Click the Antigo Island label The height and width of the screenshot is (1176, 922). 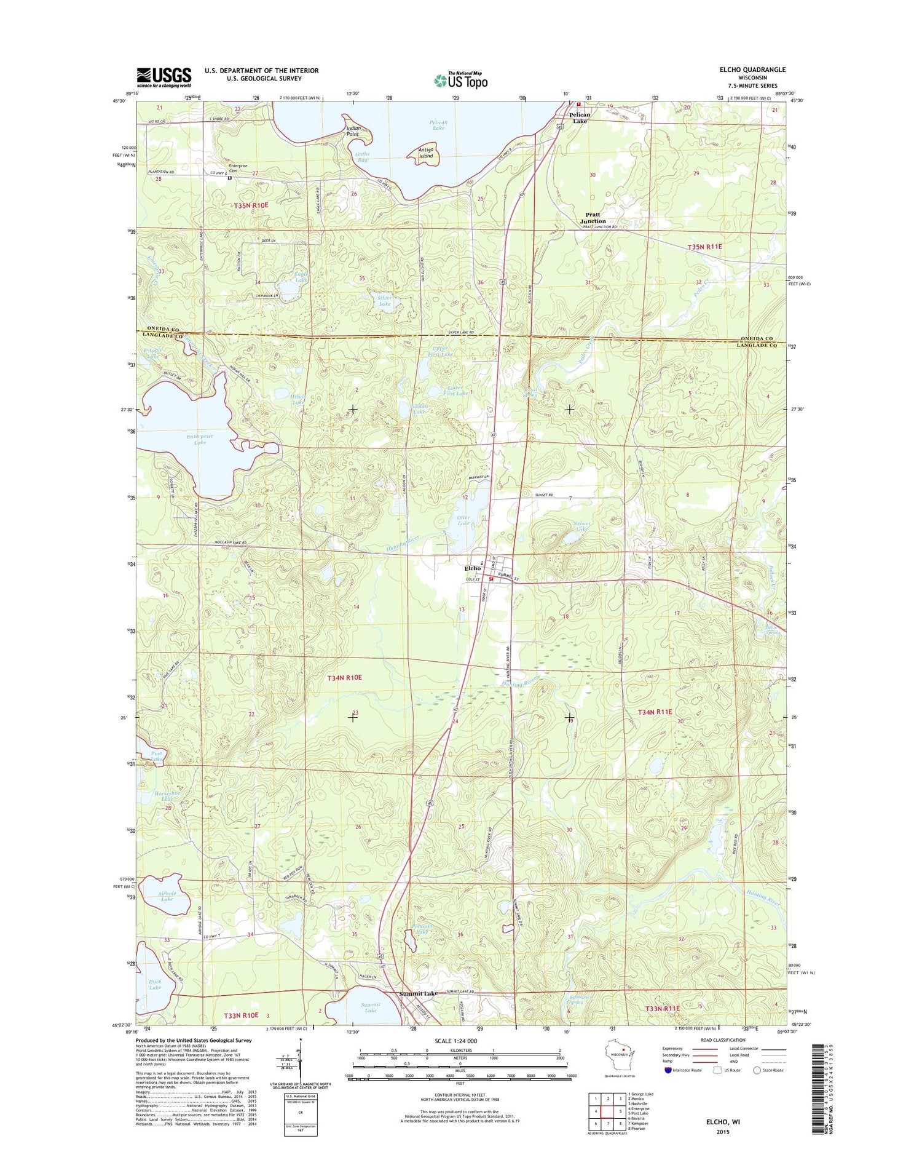click(426, 153)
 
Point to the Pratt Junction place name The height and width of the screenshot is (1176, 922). click(593, 218)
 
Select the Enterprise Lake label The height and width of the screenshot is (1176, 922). click(200, 439)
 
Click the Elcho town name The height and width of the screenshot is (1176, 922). click(472, 568)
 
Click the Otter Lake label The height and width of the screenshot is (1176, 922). click(463, 520)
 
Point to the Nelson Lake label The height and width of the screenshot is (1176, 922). click(581, 526)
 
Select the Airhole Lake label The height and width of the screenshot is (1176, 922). click(167, 896)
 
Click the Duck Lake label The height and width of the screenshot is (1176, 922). click(155, 984)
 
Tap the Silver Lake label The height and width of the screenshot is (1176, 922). click(385, 301)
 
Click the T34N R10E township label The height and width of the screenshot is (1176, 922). click(344, 677)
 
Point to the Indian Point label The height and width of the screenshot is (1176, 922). click(353, 131)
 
